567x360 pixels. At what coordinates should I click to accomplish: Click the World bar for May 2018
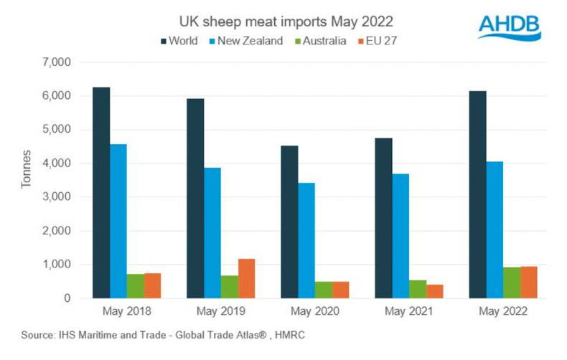101,192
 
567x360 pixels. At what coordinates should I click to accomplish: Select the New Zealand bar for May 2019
212,233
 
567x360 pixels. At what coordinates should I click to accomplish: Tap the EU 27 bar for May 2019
247,278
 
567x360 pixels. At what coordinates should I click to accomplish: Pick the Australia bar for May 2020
324,290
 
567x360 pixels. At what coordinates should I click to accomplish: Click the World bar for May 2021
383,218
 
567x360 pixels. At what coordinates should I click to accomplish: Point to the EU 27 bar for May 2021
435,291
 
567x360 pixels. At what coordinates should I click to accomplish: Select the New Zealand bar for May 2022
495,229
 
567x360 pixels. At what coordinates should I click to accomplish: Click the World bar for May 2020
289,222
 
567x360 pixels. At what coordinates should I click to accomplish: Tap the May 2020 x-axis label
315,311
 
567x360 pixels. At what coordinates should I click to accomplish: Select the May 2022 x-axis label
503,311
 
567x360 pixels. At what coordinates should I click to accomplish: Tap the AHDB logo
510,27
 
